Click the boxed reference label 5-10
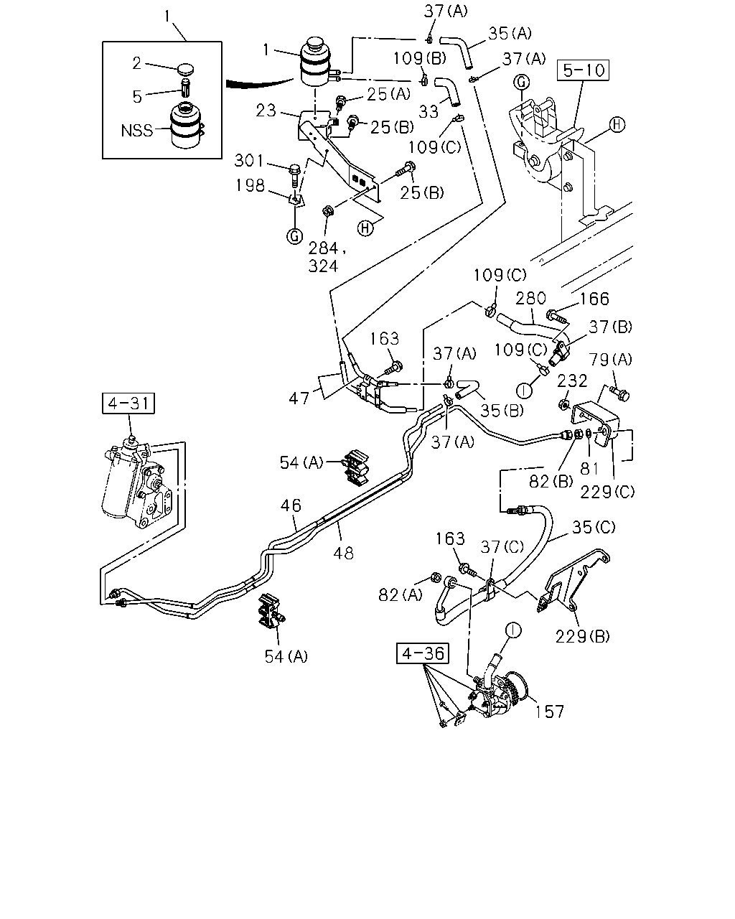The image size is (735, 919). pos(583,70)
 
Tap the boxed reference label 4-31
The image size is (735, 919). pos(128,403)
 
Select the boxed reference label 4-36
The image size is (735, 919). pos(423,653)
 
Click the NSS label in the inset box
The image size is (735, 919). pos(136,131)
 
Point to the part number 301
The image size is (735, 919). pos(249,161)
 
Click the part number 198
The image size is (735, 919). pos(251,185)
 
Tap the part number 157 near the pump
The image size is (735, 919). pos(550,712)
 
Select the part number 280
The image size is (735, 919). pos(530,298)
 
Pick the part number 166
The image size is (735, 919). pos(594,299)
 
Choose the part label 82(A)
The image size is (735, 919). pos(401,594)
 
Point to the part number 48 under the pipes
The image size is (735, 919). pos(343,554)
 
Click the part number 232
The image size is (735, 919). pos(572,381)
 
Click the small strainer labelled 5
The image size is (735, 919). pos(186,88)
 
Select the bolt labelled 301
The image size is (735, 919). pos(295,174)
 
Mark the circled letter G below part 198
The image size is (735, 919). pos(295,236)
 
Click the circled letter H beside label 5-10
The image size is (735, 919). pos(617,125)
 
